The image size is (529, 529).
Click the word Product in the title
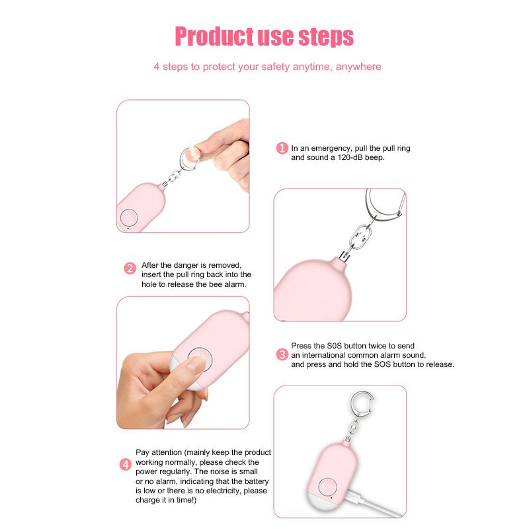(214, 36)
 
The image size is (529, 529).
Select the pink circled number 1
(282, 148)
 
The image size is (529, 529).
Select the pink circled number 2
(130, 268)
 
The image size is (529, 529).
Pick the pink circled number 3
(282, 354)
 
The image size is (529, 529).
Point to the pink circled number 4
(126, 465)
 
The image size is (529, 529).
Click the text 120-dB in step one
(349, 157)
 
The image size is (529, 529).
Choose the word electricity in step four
(224, 491)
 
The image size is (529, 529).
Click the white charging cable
(374, 503)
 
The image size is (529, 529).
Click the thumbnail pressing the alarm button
(196, 364)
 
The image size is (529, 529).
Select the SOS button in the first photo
(128, 218)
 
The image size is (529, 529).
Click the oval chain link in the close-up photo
(360, 237)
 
